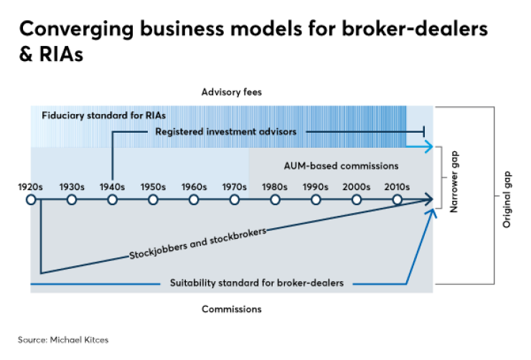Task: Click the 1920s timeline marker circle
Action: (31, 199)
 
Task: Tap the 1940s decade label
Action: (112, 186)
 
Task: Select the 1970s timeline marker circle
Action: (235, 199)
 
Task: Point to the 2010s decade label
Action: (397, 186)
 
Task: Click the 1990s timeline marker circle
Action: (316, 199)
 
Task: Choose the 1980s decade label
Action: (275, 186)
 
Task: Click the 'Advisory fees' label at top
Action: (230, 93)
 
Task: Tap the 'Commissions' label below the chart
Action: (231, 309)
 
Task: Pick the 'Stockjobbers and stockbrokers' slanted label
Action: (198, 244)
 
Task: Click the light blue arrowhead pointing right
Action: (428, 147)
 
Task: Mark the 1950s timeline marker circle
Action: (153, 199)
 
